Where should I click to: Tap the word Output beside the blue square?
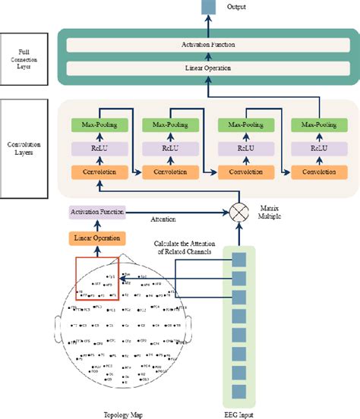point(238,8)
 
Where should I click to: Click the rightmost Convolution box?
point(315,172)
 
